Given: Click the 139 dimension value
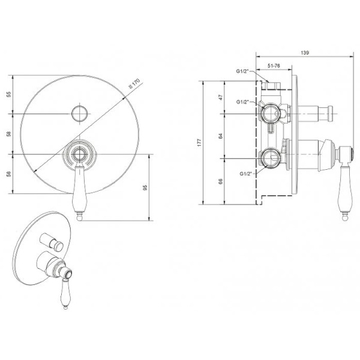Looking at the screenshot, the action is coord(305,53).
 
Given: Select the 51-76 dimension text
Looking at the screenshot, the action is coord(274,65).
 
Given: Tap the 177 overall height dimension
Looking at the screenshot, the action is coord(199,143).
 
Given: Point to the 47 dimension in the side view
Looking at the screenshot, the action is coord(221,97).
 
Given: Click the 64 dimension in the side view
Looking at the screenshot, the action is coord(221,136).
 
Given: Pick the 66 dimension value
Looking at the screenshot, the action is coord(221,182).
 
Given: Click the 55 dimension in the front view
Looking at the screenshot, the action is coord(9,94).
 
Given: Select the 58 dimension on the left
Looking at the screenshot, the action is coord(9,134).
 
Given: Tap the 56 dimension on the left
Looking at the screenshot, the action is coord(9,174).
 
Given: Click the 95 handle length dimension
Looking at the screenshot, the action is coord(145,188).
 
